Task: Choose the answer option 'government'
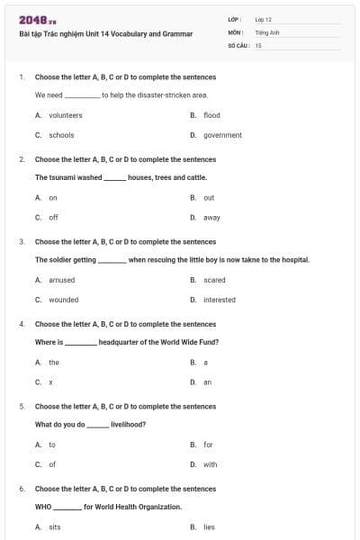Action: coord(222,135)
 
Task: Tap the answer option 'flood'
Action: coord(211,115)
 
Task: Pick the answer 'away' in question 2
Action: coord(211,217)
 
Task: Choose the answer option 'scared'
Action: coord(214,280)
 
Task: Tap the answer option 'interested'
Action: coord(219,300)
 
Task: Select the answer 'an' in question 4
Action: coord(207,382)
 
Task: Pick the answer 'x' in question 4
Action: coord(50,382)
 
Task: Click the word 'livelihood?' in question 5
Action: coord(128,424)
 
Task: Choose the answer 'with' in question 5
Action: coord(210,464)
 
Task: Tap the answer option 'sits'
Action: coord(55,526)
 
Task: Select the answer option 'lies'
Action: coord(209,526)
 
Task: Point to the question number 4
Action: coord(22,324)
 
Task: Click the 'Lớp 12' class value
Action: coord(263,19)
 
